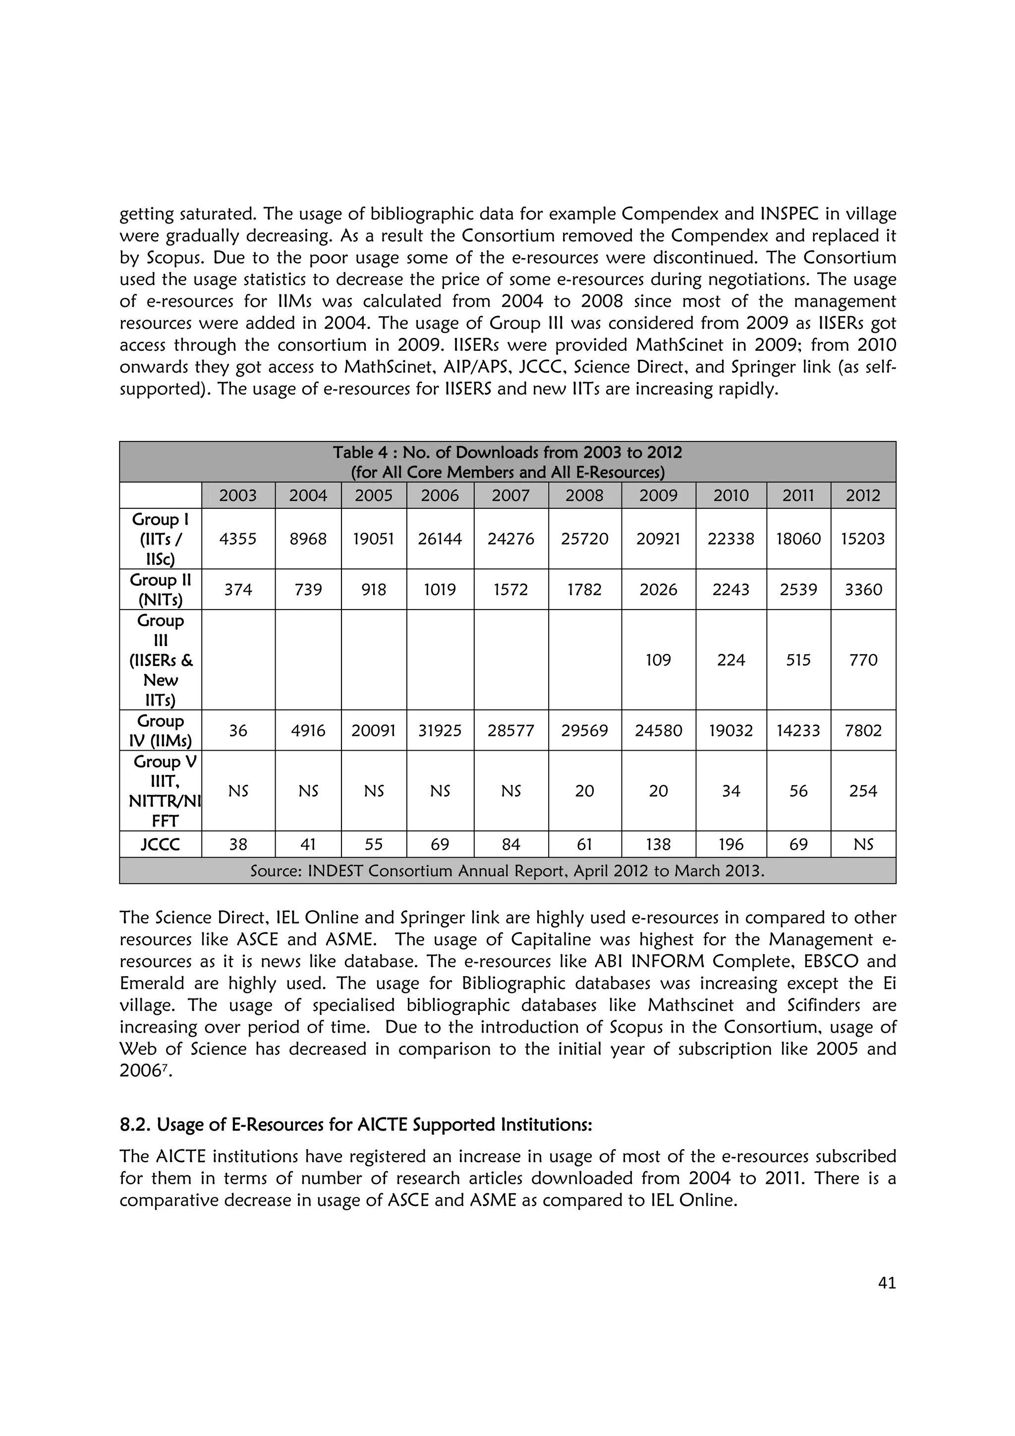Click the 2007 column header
coord(510,496)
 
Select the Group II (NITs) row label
coord(160,589)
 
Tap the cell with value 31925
coord(440,730)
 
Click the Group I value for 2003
coord(238,539)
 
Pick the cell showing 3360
coord(863,589)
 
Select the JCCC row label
coord(160,844)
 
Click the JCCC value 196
coord(731,844)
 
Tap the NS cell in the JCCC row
coord(863,844)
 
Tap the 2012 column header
coord(863,496)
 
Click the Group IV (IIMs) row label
coord(160,730)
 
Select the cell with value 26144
coord(440,539)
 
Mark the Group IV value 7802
coord(863,730)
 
